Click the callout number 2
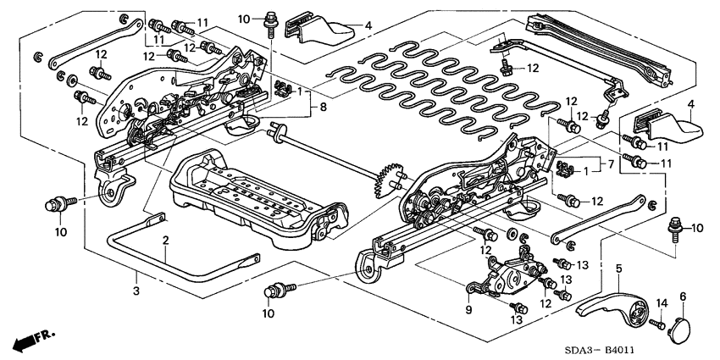tap(167, 241)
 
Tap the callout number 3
tap(135, 269)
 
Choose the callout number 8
tap(322, 108)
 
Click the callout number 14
tap(662, 302)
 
